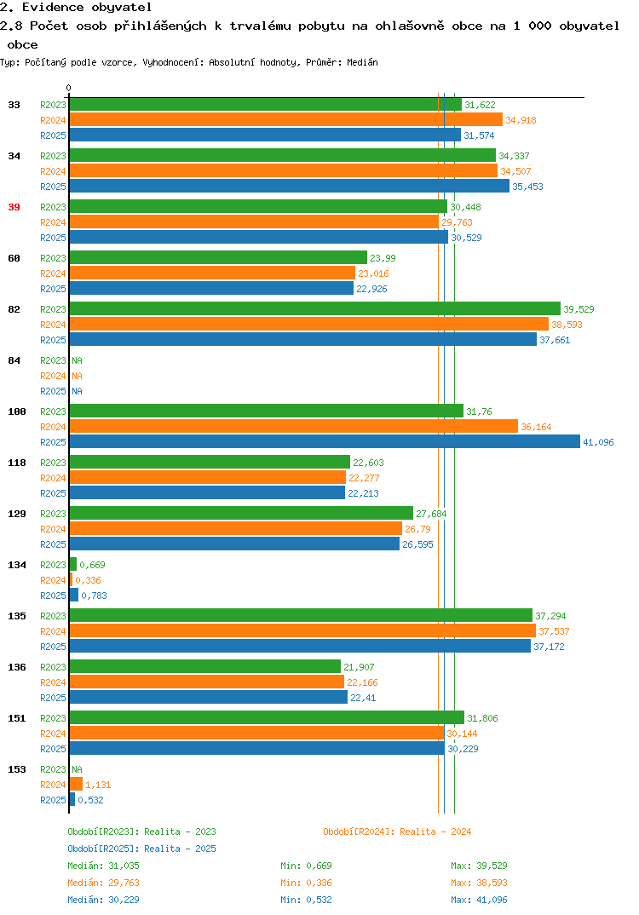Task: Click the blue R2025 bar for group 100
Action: point(325,442)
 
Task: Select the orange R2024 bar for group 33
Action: point(286,119)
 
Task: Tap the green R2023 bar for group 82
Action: point(315,308)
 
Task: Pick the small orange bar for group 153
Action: point(77,785)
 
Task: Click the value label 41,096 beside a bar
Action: point(598,442)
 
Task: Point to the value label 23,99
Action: point(383,258)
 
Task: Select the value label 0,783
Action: point(94,596)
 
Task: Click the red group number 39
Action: point(14,207)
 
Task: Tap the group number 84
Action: point(14,360)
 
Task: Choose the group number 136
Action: point(17,667)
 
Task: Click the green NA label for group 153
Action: point(77,769)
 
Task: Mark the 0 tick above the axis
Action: point(69,88)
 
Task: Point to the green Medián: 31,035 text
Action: point(103,866)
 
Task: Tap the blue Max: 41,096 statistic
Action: point(479,900)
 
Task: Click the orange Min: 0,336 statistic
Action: point(306,883)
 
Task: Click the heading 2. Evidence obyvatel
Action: point(76,8)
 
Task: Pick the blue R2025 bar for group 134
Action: point(74,595)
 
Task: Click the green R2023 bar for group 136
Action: point(205,666)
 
